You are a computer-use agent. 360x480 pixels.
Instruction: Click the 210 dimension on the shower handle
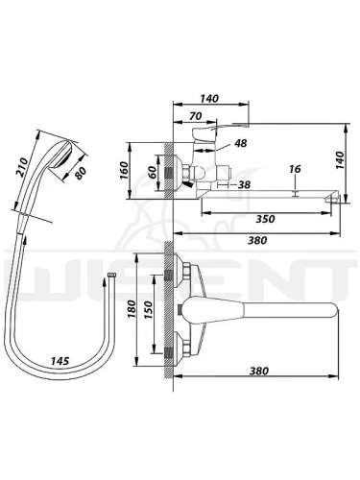(23, 167)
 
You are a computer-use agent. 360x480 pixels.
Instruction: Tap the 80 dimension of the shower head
(81, 173)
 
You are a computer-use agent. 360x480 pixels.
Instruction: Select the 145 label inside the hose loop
(60, 361)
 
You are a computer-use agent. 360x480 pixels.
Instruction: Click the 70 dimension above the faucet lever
(195, 116)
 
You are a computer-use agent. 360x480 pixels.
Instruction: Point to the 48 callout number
(241, 143)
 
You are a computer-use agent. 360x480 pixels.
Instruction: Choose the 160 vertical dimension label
(124, 171)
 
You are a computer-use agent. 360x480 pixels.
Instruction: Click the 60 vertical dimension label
(153, 173)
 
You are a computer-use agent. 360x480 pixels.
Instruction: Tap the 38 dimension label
(245, 184)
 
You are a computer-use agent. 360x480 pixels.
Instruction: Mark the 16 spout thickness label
(295, 169)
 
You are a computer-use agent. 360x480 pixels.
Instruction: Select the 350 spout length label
(265, 219)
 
